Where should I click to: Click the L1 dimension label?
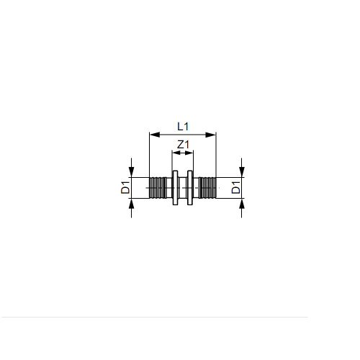coord(183,127)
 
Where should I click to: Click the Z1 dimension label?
coord(183,145)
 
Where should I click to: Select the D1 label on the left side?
coord(125,188)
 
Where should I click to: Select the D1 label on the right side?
coord(236,188)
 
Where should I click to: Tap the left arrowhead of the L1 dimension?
coord(155,135)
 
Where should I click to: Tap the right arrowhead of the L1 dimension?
coord(211,135)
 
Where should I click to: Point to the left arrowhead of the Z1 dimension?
coord(174,153)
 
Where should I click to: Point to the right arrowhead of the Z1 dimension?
coord(191,153)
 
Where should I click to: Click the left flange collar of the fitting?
coord(175,188)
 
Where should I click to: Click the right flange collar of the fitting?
coord(190,188)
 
